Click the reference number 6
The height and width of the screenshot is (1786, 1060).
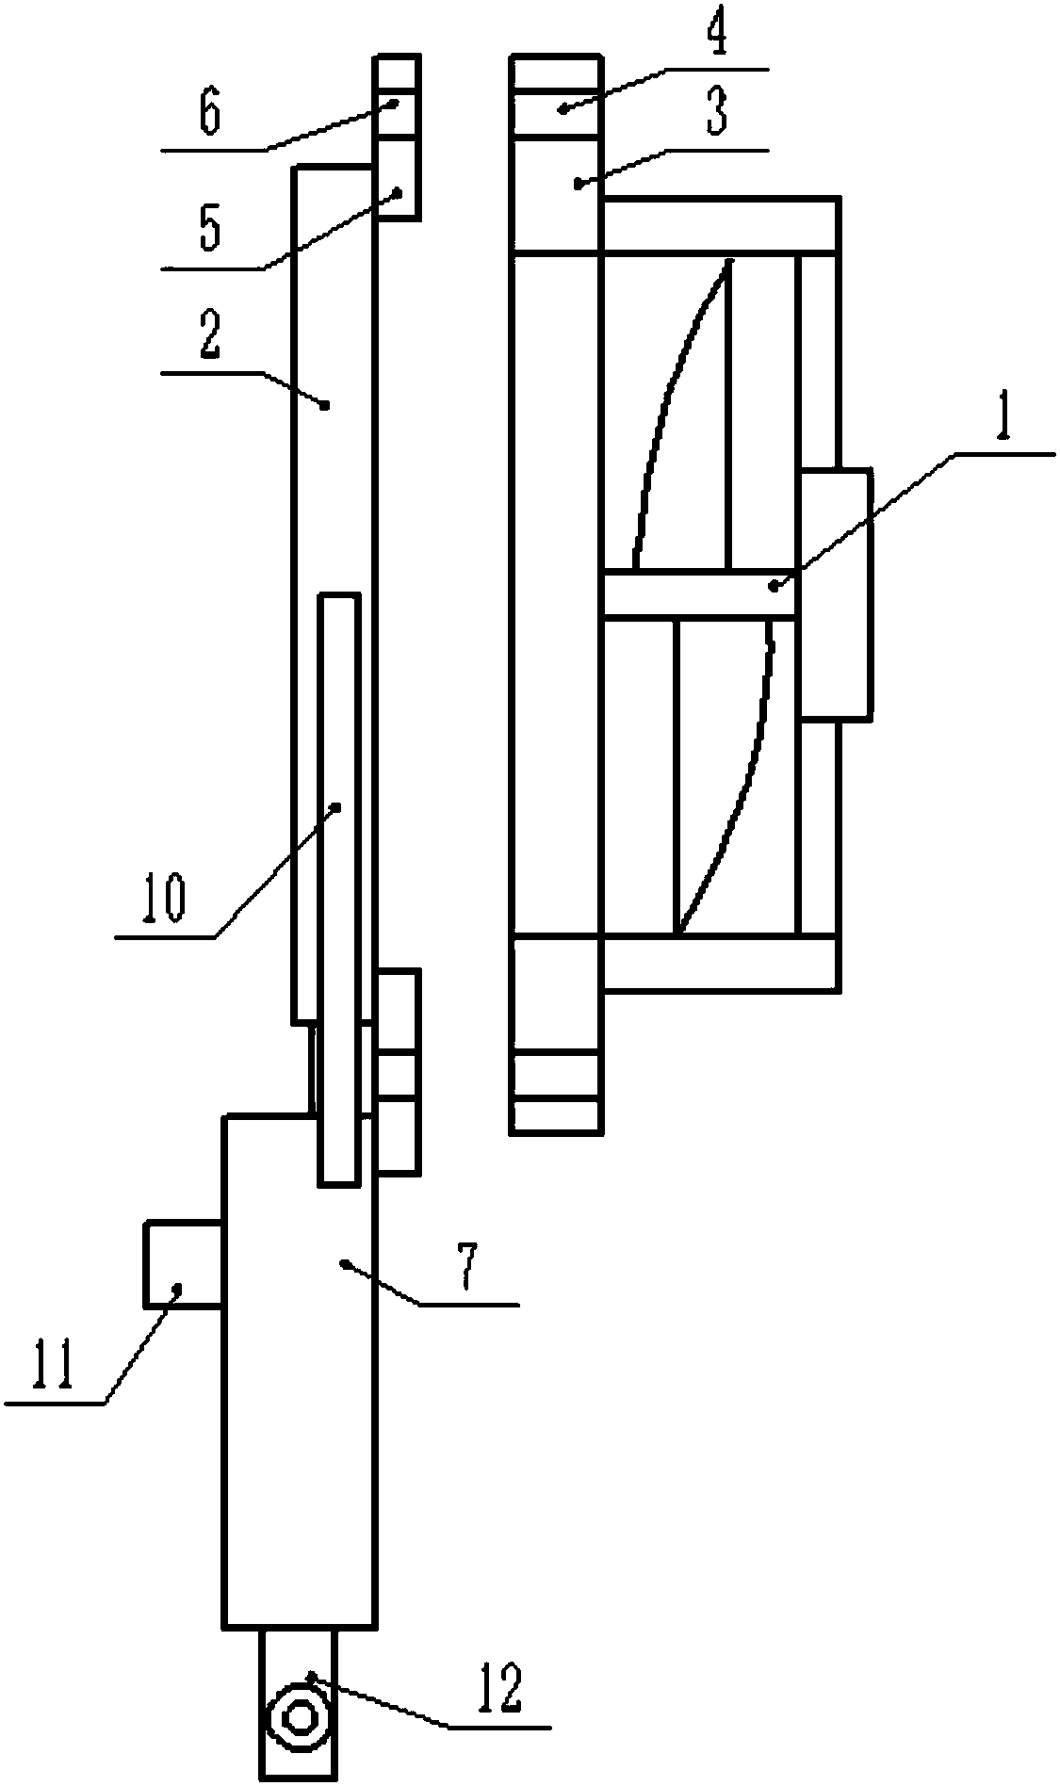pos(209,113)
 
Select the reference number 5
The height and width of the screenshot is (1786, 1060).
pos(209,230)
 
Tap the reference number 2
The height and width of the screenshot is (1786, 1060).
pos(209,338)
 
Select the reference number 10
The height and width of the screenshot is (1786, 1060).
pos(164,898)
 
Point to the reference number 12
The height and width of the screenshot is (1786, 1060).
pos(499,1688)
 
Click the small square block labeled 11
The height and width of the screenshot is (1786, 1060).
pos(183,1264)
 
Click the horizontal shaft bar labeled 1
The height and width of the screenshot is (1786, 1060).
pos(698,593)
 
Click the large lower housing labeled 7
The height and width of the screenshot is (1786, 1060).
pos(298,1366)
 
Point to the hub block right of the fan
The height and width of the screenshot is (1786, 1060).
pos(835,593)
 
